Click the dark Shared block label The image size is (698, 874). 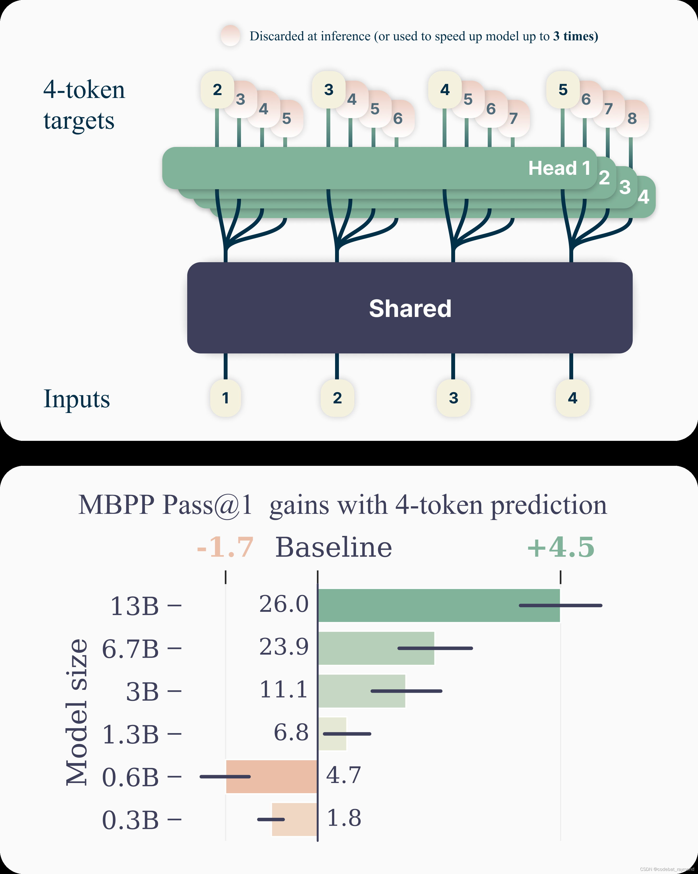click(410, 309)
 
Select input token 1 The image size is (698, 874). click(225, 398)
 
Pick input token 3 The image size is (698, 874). click(453, 398)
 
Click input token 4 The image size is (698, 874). click(572, 398)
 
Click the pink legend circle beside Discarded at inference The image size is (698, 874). click(231, 36)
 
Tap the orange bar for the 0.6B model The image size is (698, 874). click(271, 776)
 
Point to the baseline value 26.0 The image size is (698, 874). click(284, 604)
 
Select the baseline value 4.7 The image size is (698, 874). click(343, 775)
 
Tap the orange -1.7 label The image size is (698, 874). click(225, 547)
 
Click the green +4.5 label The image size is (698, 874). click(561, 547)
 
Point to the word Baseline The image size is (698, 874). click(334, 547)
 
